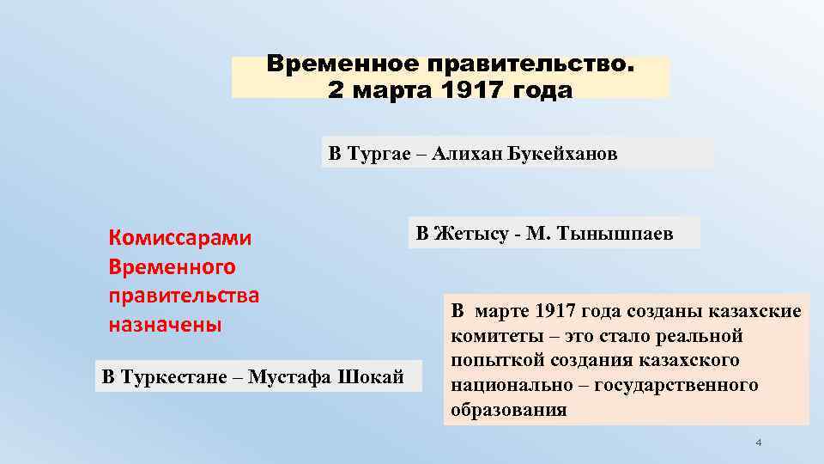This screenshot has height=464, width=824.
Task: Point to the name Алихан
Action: tap(470, 154)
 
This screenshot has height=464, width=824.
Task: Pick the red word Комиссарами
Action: tap(180, 238)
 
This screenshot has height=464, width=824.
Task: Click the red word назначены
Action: tap(165, 326)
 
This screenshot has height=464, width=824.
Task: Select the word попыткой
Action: tap(497, 360)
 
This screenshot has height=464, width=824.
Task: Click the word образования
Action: tap(508, 410)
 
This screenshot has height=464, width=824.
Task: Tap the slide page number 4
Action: tap(758, 443)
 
